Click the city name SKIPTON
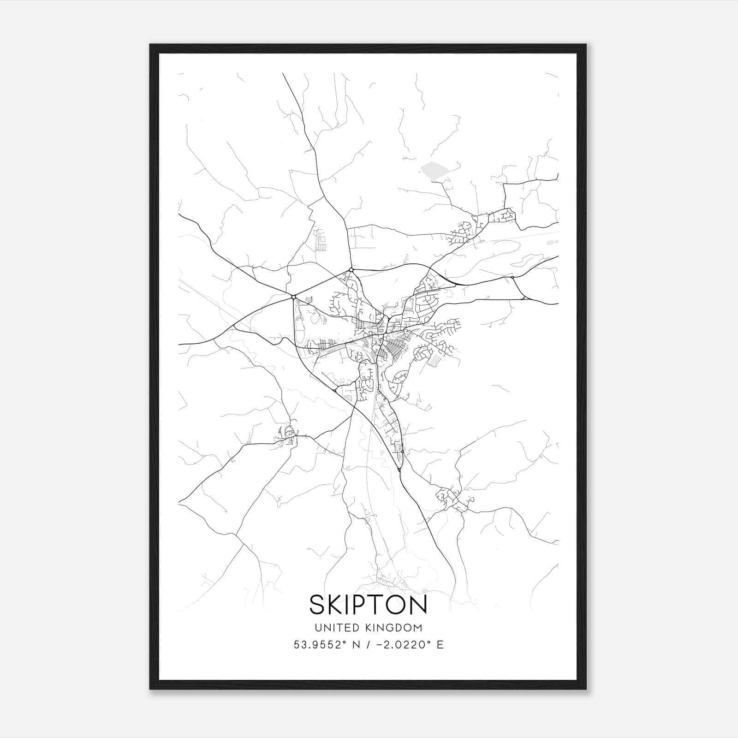368,604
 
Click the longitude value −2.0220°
406,645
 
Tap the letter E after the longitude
440,645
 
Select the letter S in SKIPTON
317,604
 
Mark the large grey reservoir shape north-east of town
434,170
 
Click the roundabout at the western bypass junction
293,297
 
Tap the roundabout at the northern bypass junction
351,269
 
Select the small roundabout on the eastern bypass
512,278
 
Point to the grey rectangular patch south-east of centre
434,360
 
